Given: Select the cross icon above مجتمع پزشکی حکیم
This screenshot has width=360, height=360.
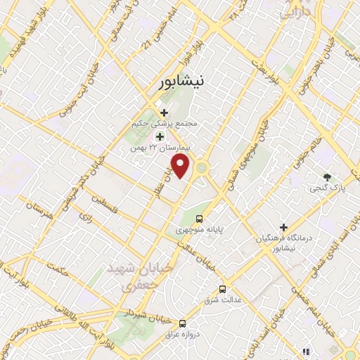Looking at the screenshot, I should (x=165, y=112).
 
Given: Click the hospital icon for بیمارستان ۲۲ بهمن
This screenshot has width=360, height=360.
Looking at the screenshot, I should (x=160, y=136).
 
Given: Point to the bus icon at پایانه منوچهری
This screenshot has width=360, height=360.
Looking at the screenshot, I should (x=200, y=219).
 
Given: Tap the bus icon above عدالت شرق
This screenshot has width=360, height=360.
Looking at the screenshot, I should (x=223, y=289).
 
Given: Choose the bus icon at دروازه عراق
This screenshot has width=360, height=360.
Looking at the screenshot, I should (x=183, y=323).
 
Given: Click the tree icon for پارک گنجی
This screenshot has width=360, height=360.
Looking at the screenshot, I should (x=326, y=176).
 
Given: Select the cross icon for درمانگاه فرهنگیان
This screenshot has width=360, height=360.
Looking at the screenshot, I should (x=283, y=227).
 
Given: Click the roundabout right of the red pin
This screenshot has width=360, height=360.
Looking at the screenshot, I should (x=202, y=167).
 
